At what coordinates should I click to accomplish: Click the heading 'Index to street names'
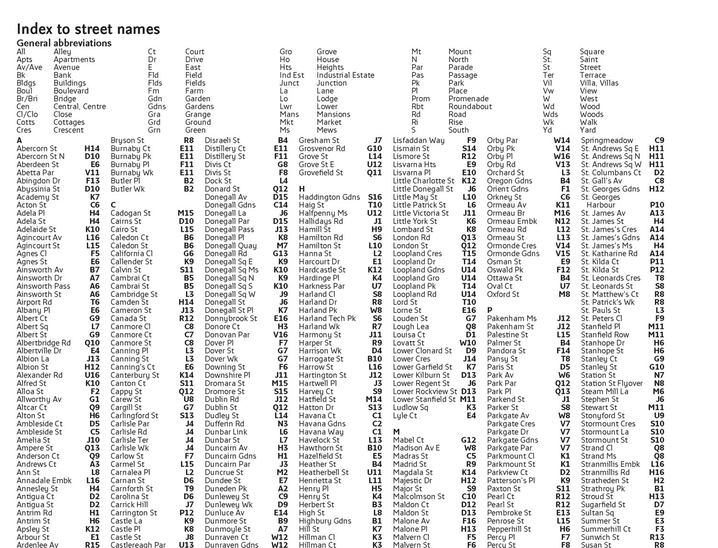pyautogui.click(x=89, y=29)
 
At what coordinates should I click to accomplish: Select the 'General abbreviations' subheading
pyautogui.click(x=64, y=43)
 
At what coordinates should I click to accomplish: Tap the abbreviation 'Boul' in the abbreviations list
pyautogui.click(x=24, y=91)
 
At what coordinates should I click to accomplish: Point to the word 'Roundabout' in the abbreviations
pyautogui.click(x=470, y=107)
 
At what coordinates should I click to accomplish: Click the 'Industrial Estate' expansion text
pyautogui.click(x=345, y=75)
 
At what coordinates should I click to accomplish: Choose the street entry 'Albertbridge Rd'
pyautogui.click(x=44, y=343)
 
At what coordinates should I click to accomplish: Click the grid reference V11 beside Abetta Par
pyautogui.click(x=92, y=173)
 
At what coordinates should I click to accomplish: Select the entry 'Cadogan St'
pyautogui.click(x=131, y=213)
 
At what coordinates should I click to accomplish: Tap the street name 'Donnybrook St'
pyautogui.click(x=231, y=319)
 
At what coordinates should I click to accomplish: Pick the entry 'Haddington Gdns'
pyautogui.click(x=329, y=197)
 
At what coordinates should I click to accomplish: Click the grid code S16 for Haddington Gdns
pyautogui.click(x=375, y=197)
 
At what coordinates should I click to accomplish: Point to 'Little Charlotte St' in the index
pyautogui.click(x=424, y=181)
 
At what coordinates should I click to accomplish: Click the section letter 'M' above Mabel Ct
pyautogui.click(x=396, y=432)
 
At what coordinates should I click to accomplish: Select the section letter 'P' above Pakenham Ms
pyautogui.click(x=490, y=310)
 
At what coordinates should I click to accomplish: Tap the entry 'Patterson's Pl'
pyautogui.click(x=511, y=481)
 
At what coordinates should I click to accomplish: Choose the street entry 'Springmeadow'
pyautogui.click(x=607, y=141)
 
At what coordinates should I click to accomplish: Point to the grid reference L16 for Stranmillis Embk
pyautogui.click(x=657, y=464)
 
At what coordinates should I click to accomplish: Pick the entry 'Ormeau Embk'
pyautogui.click(x=512, y=222)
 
